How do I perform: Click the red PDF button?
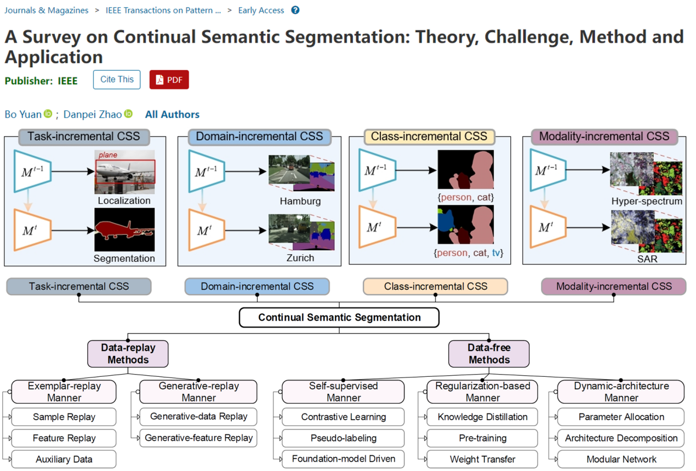pos(169,80)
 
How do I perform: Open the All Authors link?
pos(172,114)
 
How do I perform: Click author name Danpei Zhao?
pos(93,114)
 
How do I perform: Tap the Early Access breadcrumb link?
pos(261,10)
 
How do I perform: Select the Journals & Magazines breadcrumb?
pos(47,10)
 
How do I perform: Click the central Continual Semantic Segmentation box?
pos(339,318)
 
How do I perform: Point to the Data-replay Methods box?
pos(128,354)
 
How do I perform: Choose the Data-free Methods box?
pos(489,354)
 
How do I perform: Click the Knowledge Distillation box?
pos(482,417)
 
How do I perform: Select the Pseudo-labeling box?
pos(343,438)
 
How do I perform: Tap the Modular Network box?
pos(621,459)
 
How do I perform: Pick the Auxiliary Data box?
pos(64,459)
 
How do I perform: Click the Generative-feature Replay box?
pos(198,438)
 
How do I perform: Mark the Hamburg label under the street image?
pos(300,201)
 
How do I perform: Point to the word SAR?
pos(647,259)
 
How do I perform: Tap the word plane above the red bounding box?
pos(108,156)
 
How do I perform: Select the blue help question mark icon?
pos(295,10)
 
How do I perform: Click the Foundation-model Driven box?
pos(343,459)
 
